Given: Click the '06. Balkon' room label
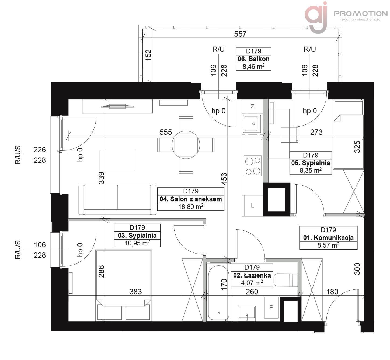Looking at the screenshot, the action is (253, 59).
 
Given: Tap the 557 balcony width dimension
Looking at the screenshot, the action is (240, 34).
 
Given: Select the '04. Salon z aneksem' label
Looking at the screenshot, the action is (191, 199).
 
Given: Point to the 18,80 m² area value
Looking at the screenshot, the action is (191, 206).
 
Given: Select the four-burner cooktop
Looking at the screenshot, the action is (253, 166).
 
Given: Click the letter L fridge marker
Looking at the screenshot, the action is (253, 206).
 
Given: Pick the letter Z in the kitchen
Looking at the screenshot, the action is (253, 106).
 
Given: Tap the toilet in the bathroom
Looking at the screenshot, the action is (285, 280).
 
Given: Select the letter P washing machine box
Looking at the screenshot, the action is (271, 307).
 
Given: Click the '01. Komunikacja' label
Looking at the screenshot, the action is (328, 238).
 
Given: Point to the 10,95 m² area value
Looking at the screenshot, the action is (137, 243).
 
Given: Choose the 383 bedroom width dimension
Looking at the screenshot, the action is (135, 292).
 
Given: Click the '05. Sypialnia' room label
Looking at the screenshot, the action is (311, 163).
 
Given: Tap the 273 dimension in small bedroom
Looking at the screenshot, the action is (316, 132).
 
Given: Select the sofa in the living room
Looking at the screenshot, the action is (117, 200).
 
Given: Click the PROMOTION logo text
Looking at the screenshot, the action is (361, 13).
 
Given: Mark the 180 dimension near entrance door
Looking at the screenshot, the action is (332, 292).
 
